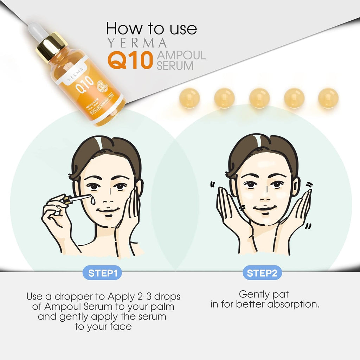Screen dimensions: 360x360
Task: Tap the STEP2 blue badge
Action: pos(262,273)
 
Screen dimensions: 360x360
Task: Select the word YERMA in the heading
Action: pos(137,43)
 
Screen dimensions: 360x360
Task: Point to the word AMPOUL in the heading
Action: pos(181,55)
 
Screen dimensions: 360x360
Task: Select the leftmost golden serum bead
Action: pos(189,98)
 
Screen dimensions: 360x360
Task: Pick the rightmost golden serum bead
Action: pos(328,98)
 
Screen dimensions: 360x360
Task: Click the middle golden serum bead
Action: pos(259,98)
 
